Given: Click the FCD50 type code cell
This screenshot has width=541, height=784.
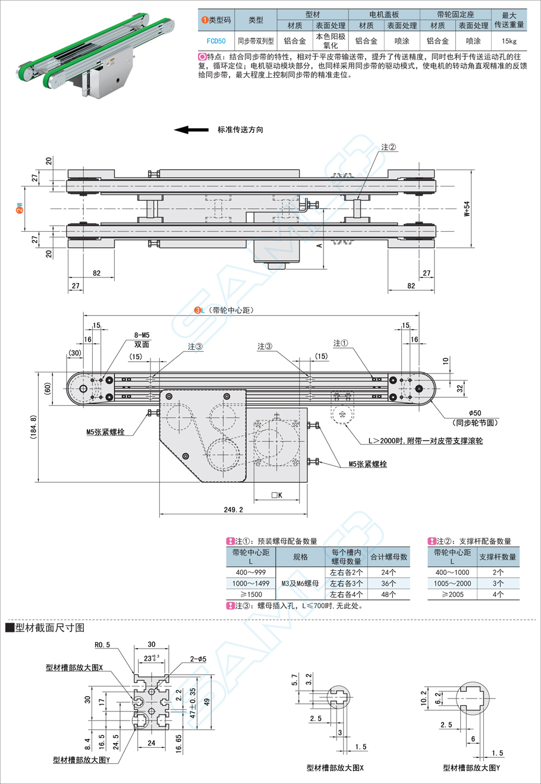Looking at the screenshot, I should tap(216, 41).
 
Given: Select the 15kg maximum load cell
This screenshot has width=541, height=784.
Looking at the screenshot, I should tap(509, 41).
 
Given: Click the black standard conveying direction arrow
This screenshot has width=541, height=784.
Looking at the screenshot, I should tap(190, 129).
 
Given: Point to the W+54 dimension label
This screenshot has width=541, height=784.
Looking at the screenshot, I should tap(467, 209).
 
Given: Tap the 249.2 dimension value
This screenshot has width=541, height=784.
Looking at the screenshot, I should tap(233, 509).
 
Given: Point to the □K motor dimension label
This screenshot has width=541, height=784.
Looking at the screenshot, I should tap(276, 495).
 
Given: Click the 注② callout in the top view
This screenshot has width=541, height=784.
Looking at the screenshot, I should tap(388, 147).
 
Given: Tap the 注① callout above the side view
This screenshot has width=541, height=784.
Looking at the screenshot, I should tap(341, 343).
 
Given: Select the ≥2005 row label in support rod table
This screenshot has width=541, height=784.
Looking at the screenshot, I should tap(452, 595).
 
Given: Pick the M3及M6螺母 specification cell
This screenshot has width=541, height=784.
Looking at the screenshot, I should tap(300, 583).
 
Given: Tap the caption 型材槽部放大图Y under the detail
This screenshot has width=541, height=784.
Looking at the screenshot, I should tap(81, 760).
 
